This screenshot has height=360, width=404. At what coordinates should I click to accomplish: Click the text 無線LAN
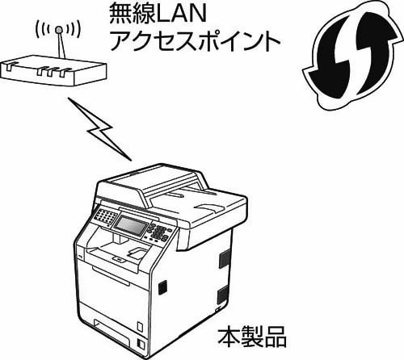(x=158, y=14)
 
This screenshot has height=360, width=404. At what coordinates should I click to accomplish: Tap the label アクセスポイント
(x=195, y=41)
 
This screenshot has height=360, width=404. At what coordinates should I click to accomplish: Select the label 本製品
(x=252, y=337)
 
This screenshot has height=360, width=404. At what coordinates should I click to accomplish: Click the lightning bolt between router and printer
(x=99, y=129)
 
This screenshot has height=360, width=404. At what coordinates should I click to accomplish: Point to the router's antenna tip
(x=58, y=29)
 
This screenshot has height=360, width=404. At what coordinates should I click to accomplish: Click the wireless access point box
(x=53, y=70)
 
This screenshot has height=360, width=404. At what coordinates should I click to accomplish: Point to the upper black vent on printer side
(x=225, y=258)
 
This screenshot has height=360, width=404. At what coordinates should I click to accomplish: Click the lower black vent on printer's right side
(x=223, y=295)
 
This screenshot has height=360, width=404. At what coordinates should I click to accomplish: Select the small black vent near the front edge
(x=162, y=287)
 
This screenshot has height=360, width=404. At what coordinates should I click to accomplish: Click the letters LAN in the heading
(x=181, y=14)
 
